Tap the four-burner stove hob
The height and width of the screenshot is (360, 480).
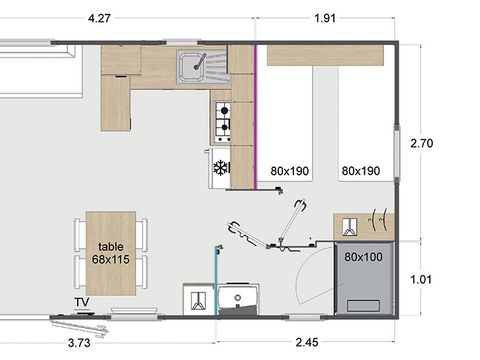[223, 118]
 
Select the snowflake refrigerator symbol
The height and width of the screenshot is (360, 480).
[221, 167]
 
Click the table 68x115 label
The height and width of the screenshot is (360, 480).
[110, 253]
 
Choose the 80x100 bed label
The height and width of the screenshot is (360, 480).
[364, 257]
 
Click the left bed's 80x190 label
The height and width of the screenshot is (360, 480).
[290, 171]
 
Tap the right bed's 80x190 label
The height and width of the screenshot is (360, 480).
[360, 171]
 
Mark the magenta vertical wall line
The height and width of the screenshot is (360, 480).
[258, 116]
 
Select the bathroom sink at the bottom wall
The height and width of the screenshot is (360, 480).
[239, 298]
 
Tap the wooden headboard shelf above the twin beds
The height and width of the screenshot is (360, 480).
[325, 55]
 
